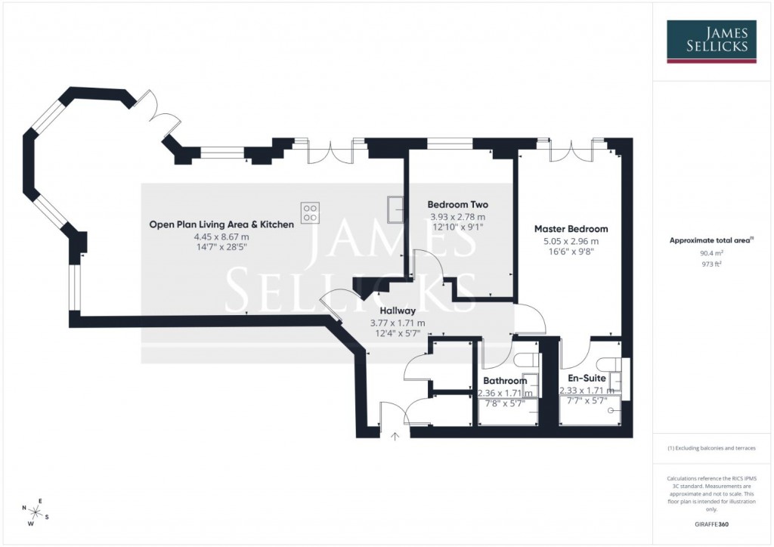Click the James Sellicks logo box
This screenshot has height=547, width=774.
711,42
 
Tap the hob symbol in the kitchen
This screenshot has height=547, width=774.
311,212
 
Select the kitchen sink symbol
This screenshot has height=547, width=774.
395,209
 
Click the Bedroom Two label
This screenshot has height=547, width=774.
457,205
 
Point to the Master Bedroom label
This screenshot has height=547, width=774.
571,229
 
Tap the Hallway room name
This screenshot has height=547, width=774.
397,310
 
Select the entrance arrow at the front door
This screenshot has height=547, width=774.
395,436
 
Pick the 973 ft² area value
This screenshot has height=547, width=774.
711,264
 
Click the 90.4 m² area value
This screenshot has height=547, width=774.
711,253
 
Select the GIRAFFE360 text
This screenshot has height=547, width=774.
711,524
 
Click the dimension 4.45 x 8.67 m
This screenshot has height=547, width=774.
221,236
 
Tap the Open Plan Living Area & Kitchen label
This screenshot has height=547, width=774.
221,224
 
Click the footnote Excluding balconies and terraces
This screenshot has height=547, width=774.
711,448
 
